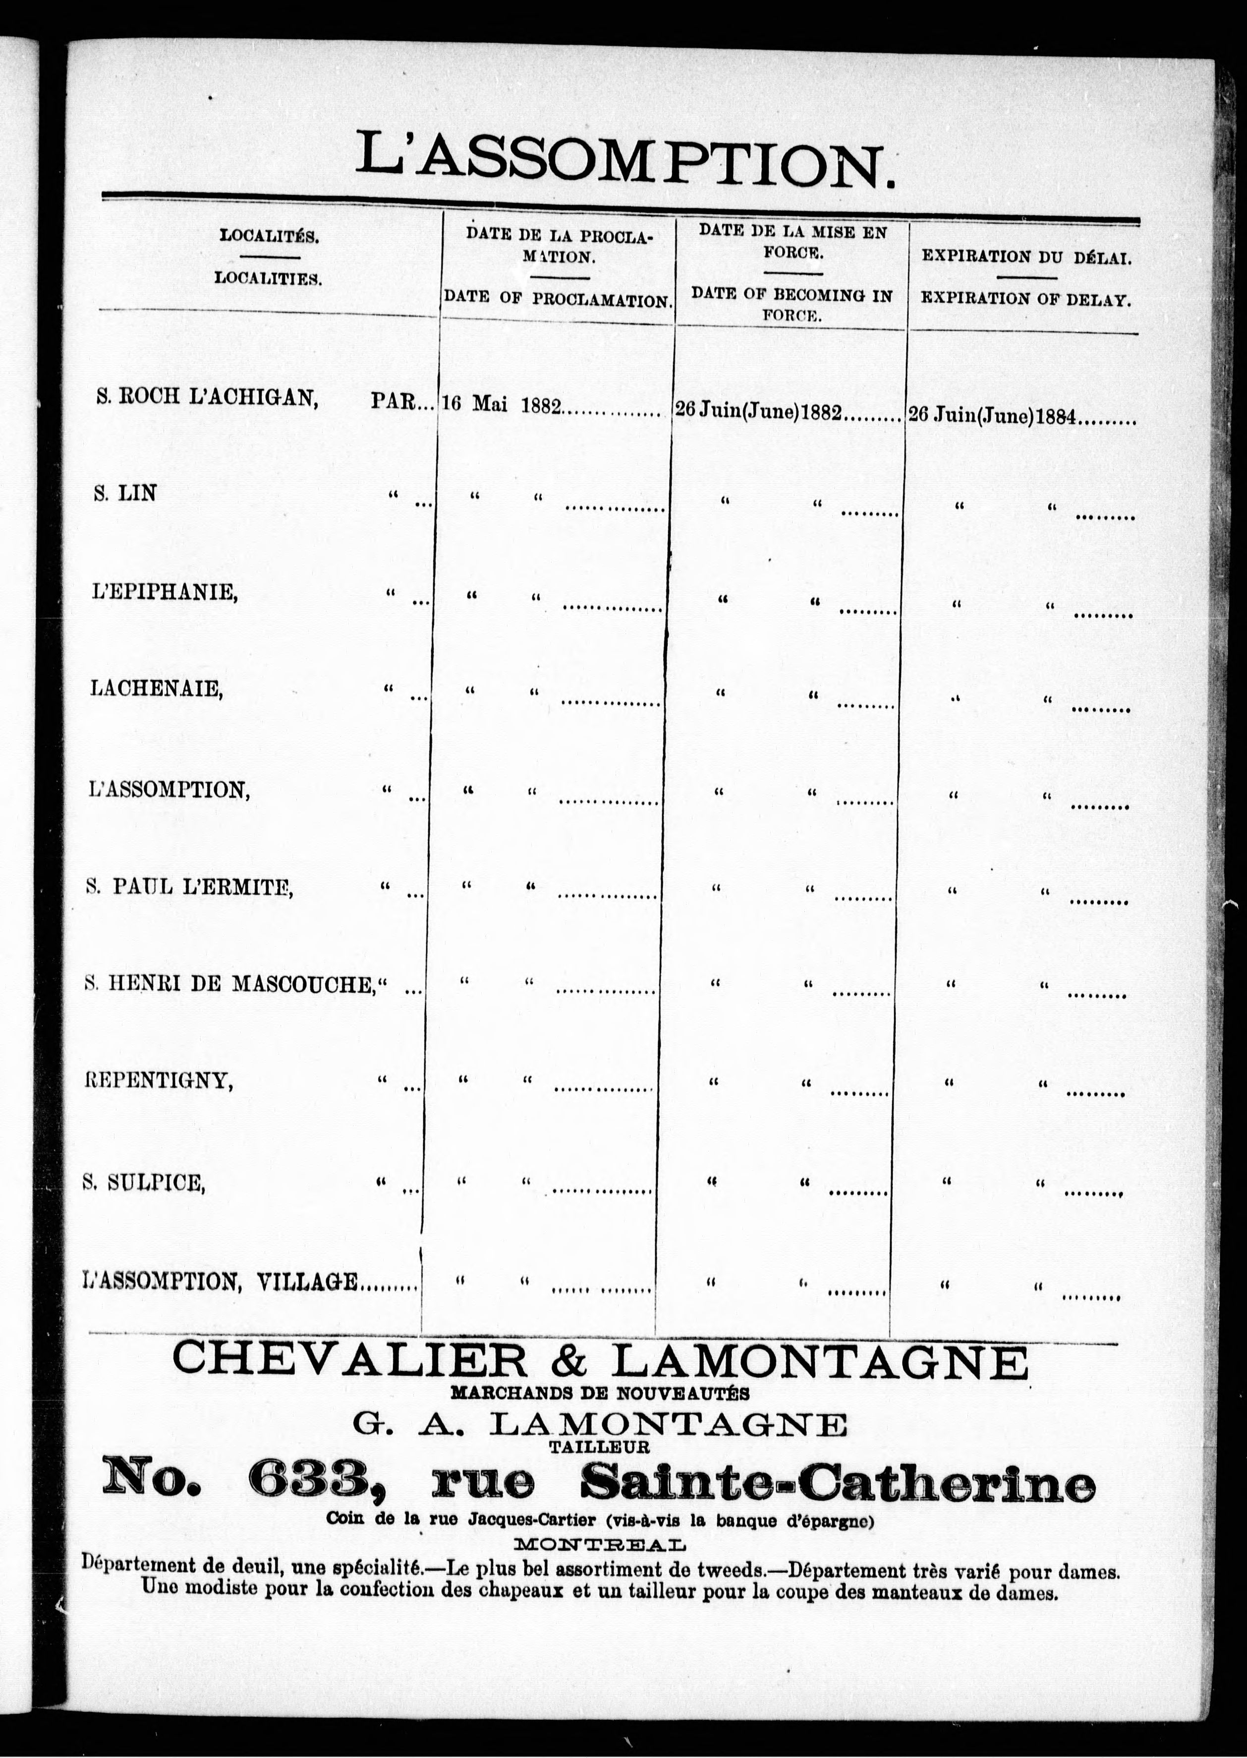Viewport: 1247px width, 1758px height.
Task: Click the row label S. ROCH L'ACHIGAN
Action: tap(207, 398)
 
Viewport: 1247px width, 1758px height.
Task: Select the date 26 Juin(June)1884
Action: tap(992, 416)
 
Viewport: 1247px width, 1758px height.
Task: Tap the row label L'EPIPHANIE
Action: tap(164, 592)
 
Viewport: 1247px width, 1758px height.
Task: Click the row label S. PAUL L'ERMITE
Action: tap(189, 887)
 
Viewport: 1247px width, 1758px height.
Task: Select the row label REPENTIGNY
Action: tap(158, 1080)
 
